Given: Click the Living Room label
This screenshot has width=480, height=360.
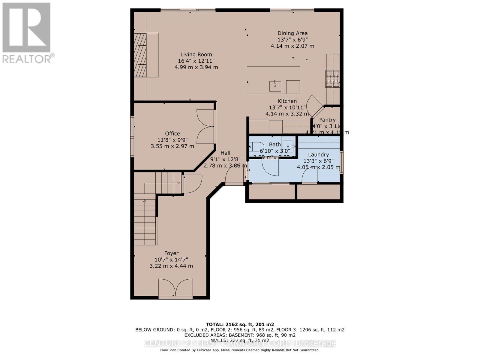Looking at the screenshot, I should (x=196, y=55).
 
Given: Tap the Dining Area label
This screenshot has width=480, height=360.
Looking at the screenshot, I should (x=292, y=33).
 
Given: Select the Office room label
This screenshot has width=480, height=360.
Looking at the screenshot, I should (x=172, y=133).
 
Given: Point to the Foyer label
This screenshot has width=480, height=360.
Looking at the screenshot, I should (x=171, y=253).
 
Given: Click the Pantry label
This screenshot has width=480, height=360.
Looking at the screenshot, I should (x=327, y=120).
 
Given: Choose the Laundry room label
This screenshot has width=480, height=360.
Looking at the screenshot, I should (x=318, y=154).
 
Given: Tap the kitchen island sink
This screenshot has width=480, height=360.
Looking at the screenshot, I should (x=275, y=86).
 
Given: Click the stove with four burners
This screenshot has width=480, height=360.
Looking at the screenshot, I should (x=333, y=79).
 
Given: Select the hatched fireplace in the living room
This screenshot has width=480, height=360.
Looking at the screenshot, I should (x=140, y=55).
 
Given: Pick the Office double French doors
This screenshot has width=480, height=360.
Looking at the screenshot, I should (x=205, y=126).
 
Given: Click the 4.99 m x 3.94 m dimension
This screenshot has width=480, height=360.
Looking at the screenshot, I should (x=196, y=67).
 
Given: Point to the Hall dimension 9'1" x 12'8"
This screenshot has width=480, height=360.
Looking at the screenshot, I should (x=225, y=159).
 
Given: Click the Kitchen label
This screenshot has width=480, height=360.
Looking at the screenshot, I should (x=287, y=101).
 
